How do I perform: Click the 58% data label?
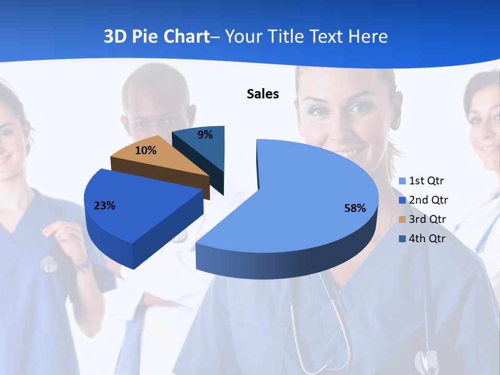355,208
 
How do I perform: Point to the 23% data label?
105,206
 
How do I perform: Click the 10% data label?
146,151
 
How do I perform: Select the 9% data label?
205,135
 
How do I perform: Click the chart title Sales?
263,94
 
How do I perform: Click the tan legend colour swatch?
402,219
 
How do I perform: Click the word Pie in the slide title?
146,36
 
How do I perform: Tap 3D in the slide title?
116,36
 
